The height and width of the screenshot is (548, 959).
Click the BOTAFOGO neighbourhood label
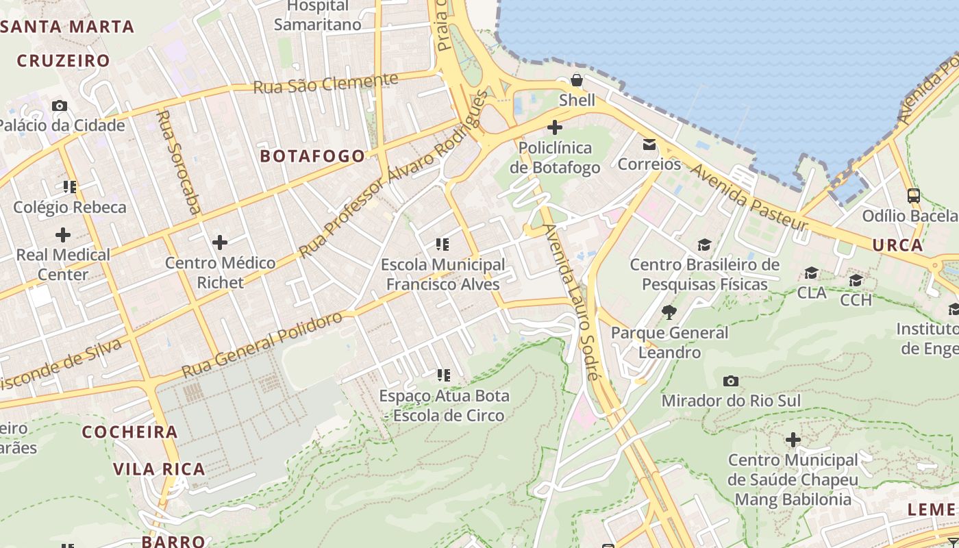coord(312,156)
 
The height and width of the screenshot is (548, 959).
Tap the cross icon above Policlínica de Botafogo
coord(555,127)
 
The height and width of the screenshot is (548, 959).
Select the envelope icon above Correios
coord(649,145)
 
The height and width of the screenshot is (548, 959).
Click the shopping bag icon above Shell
coord(577,80)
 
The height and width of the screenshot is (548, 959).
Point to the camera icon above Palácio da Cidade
coord(60,105)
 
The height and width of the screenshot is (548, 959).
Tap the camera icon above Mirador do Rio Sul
coord(731,381)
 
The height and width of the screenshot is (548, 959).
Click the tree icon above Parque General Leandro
coord(669,313)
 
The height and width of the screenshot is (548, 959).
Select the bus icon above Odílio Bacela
coord(913,196)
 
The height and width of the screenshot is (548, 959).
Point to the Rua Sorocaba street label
coord(177,163)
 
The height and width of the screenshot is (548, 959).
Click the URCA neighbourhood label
coord(897,245)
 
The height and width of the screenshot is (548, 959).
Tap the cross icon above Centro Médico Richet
coord(220,242)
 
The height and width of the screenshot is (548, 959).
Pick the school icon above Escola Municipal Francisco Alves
coord(443,244)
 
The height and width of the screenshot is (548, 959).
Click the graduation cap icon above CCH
coord(856,280)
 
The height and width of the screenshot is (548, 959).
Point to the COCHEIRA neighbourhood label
coord(130,432)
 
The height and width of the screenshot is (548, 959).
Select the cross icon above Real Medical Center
coord(63,235)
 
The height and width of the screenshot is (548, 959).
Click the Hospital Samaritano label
coord(317,16)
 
